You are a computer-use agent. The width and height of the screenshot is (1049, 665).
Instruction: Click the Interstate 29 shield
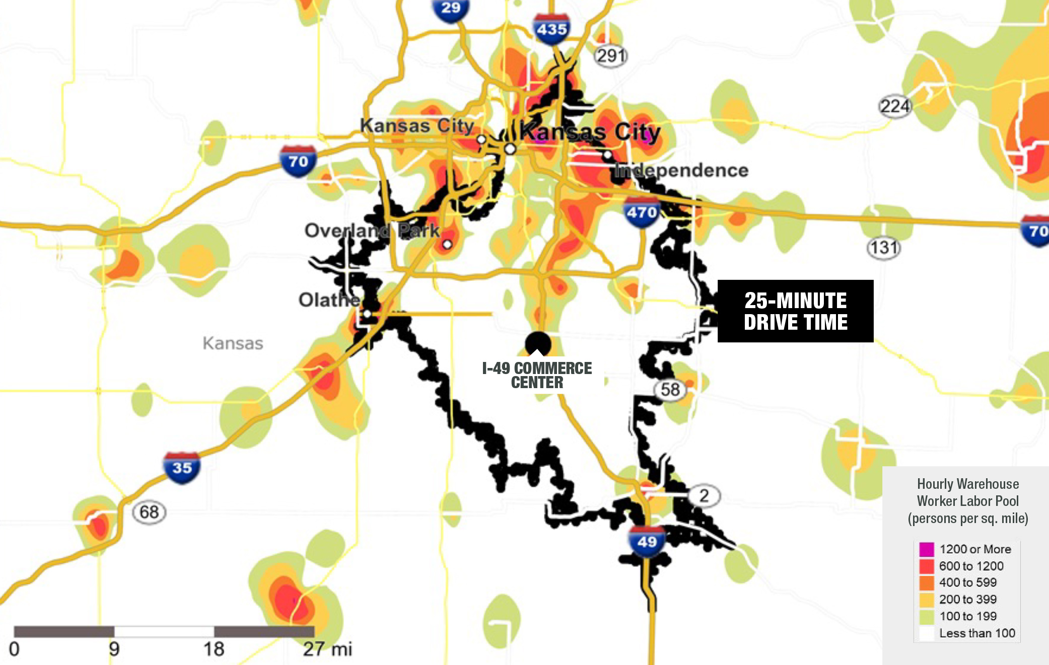(450, 9)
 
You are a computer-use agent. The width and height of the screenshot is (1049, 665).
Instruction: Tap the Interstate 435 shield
(551, 29)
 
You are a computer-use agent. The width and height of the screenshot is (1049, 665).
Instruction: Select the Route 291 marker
(611, 55)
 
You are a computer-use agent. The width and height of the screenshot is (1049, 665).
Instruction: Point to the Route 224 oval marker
(895, 106)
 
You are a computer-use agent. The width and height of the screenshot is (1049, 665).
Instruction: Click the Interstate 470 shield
(642, 212)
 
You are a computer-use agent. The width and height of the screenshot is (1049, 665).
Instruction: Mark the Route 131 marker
(884, 248)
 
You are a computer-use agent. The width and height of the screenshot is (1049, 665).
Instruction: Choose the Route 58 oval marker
(670, 390)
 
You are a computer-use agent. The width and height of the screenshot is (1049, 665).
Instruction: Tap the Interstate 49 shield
(647, 541)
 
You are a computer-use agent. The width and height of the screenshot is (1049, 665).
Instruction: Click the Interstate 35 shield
(182, 468)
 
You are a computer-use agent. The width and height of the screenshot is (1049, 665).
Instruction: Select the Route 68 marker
(149, 512)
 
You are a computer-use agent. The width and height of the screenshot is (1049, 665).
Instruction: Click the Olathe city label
(329, 300)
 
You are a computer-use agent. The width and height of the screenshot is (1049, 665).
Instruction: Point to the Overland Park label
(372, 231)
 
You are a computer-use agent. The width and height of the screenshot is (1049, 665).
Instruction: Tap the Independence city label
(681, 170)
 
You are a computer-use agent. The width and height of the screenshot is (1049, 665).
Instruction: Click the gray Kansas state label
(233, 343)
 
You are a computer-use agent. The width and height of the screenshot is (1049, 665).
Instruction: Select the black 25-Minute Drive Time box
(795, 311)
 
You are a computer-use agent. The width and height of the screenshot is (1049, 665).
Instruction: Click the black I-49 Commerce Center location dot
(538, 343)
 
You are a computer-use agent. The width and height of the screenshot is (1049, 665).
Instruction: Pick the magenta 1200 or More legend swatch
(926, 549)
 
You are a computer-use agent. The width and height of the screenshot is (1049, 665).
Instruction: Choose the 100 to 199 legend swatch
(926, 616)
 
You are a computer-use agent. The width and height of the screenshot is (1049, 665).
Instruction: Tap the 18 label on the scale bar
(214, 649)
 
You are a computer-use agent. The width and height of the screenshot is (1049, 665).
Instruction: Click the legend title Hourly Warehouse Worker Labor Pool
(968, 501)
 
